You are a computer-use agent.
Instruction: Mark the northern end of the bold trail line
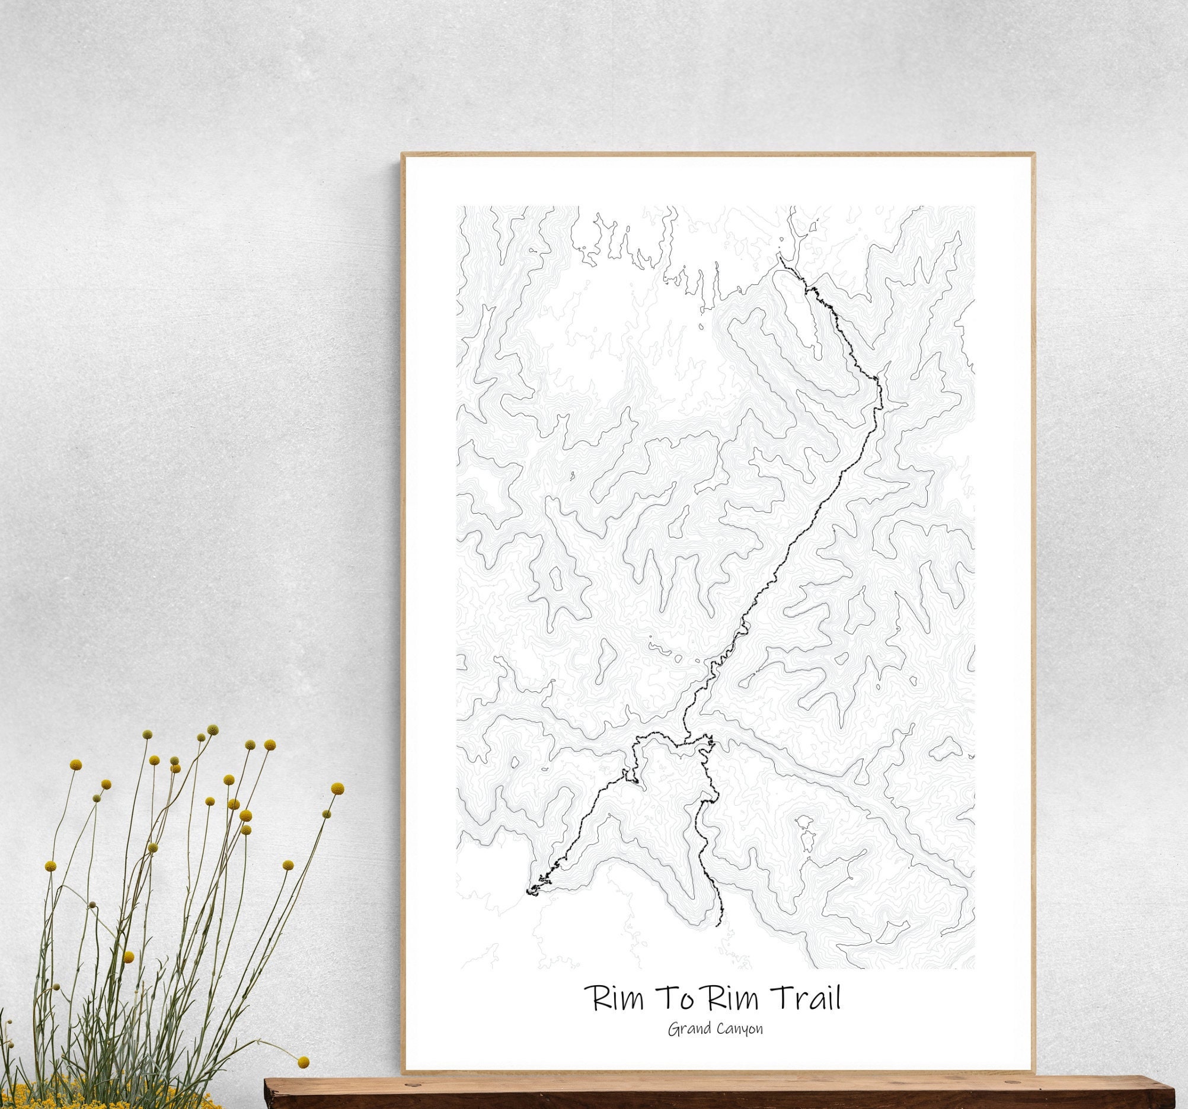click(778, 258)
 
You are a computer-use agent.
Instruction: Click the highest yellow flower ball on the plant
click(212, 730)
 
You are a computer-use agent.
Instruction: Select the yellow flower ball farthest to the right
click(338, 790)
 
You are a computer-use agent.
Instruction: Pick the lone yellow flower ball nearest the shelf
click(304, 1062)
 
